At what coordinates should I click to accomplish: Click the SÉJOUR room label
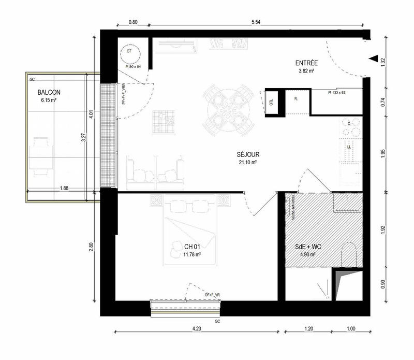point(248,154)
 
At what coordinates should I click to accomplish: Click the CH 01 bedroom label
point(193,247)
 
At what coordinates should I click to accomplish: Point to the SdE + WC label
point(307,248)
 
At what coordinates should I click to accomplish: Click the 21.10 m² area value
point(248,162)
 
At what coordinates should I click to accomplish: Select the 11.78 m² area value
point(193,254)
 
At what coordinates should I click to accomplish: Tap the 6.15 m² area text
point(47,100)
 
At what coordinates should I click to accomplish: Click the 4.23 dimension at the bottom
point(197,328)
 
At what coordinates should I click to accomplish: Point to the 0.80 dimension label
point(133,22)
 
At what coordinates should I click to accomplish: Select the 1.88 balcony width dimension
point(65,188)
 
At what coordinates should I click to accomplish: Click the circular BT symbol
point(129,53)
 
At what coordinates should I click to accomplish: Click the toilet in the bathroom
point(350,255)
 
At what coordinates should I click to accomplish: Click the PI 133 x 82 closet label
point(337,92)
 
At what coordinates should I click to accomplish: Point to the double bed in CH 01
point(191,228)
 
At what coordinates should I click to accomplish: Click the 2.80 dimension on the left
point(92,248)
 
